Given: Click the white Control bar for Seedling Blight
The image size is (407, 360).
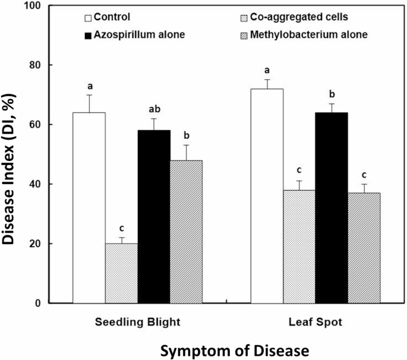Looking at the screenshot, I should click(89, 208).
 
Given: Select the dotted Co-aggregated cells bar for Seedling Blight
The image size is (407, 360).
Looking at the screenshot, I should click(121, 273).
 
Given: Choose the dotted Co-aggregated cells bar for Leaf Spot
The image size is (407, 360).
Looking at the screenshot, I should click(299, 247).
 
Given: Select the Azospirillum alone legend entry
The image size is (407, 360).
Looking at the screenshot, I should click(134, 34).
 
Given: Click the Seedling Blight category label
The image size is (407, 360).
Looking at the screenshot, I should click(137, 321).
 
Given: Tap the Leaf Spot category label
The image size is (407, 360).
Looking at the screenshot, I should click(315, 321).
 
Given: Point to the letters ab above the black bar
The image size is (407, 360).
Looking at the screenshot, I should click(154, 109).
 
